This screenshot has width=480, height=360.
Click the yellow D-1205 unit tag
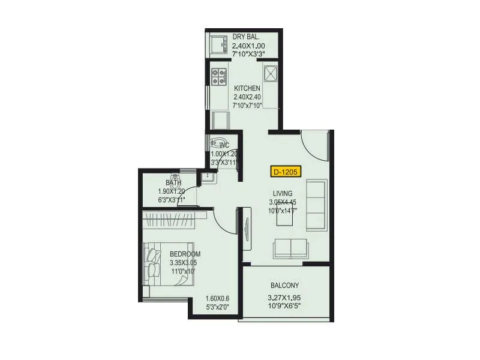[x=286, y=172]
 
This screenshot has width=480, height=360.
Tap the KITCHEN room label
[x=247, y=89]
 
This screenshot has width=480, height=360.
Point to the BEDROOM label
[x=185, y=254]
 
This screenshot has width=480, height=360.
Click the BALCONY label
[x=284, y=286]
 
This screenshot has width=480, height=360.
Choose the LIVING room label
[x=282, y=193]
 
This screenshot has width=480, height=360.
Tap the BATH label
[x=173, y=183]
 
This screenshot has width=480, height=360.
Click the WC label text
[x=224, y=145]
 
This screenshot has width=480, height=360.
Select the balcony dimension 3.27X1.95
[x=284, y=297]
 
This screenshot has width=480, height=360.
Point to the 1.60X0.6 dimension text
[x=217, y=299]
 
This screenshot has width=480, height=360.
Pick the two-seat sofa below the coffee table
[x=291, y=248]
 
